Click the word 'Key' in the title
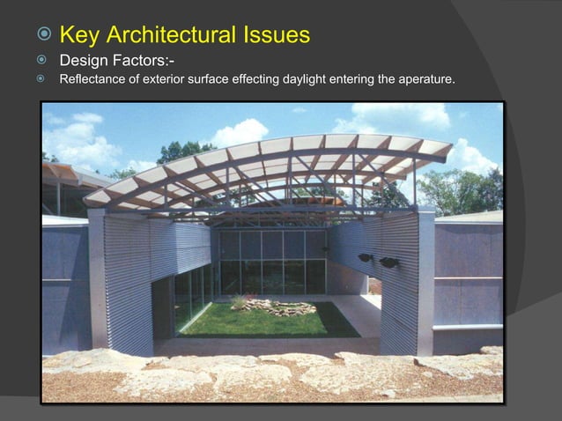(81, 35)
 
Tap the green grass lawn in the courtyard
(264, 321)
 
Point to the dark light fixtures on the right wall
(377, 260)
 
